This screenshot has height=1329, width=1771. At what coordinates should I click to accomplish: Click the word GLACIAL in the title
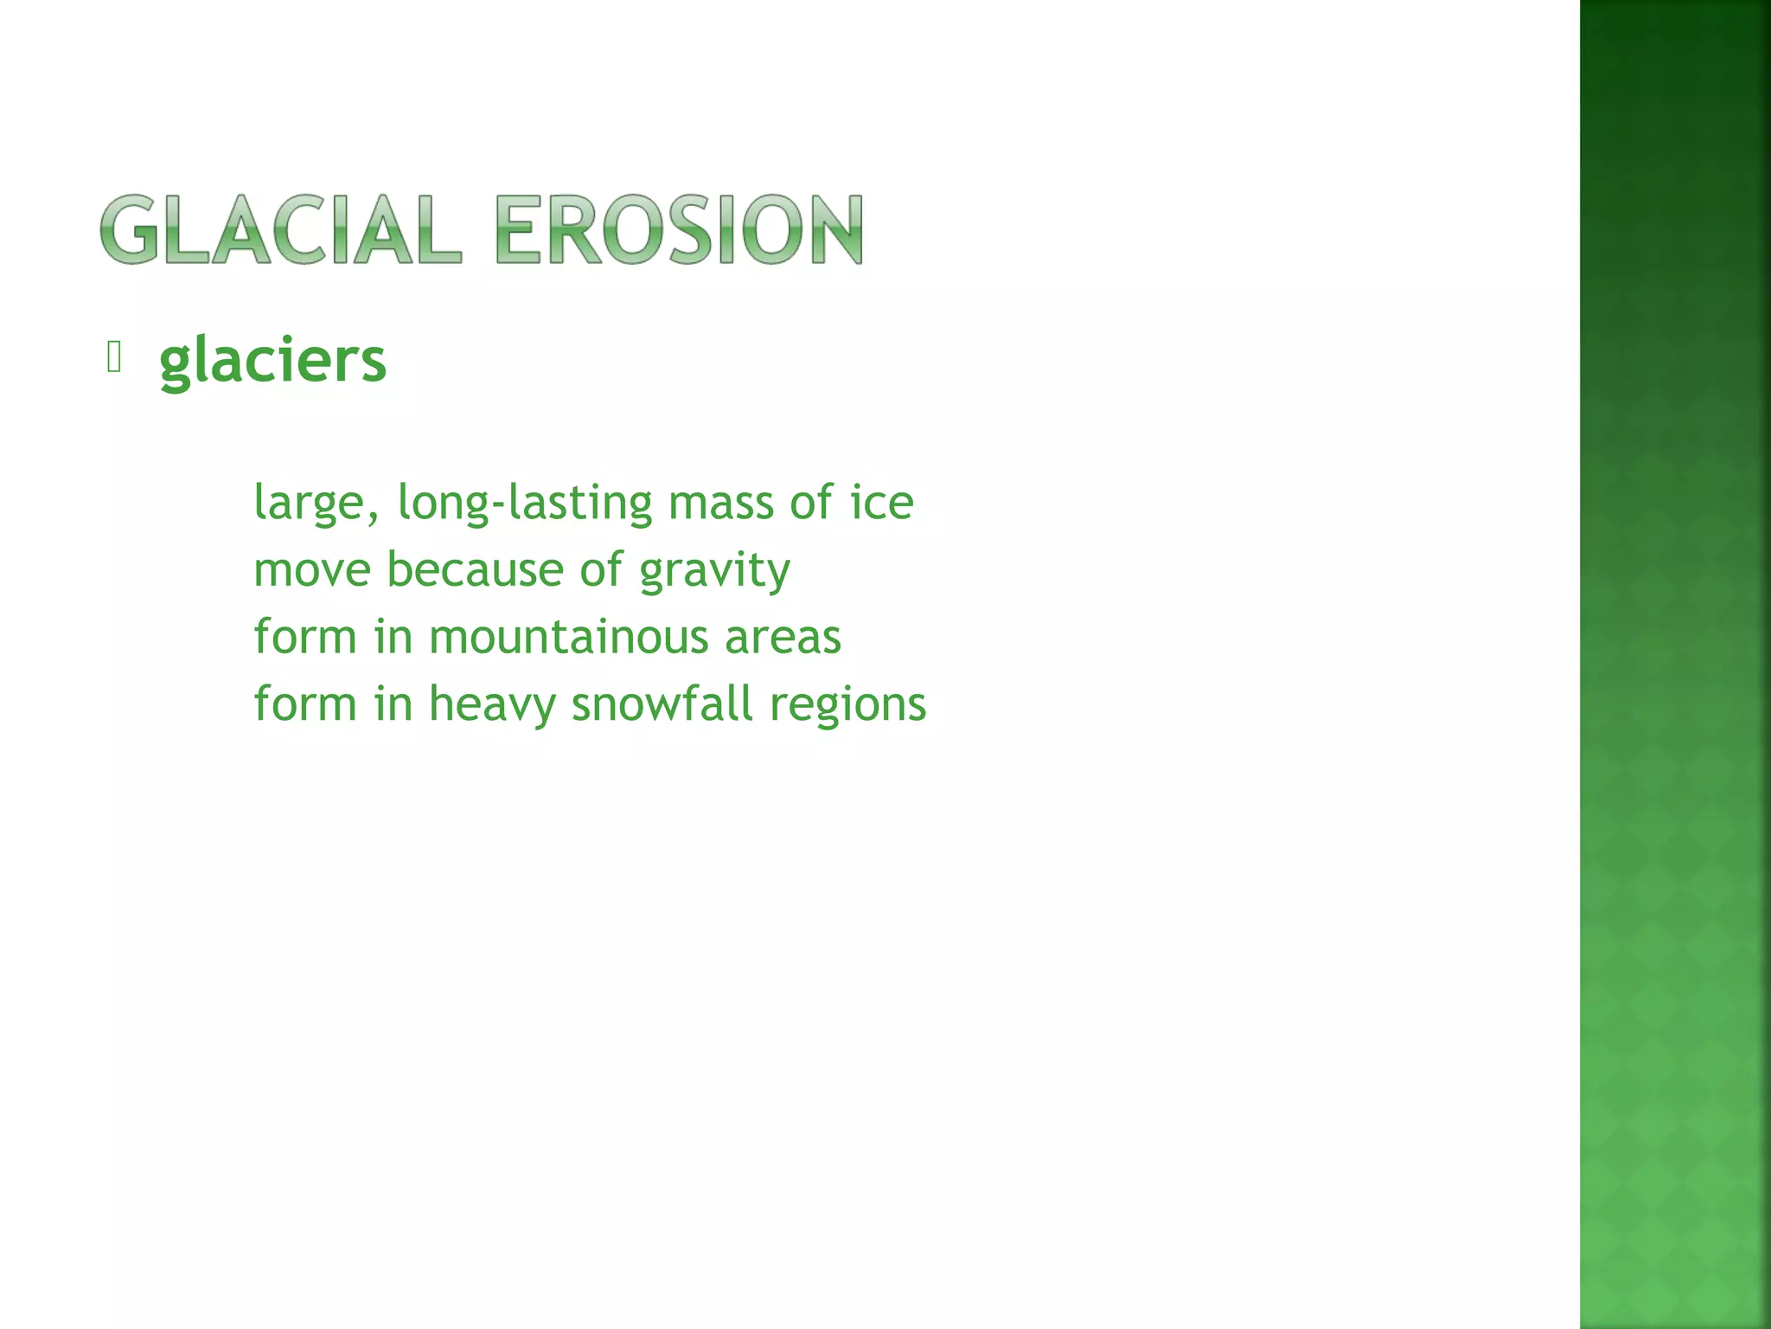[x=281, y=229]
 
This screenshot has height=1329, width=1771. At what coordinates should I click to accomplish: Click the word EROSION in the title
[x=679, y=229]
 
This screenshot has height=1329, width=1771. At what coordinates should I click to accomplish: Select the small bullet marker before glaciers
[x=114, y=356]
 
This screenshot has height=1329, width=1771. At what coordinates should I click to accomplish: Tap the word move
[x=312, y=571]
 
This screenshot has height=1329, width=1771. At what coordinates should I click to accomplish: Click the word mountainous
[x=568, y=638]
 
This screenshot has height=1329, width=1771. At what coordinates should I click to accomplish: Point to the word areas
[x=783, y=639]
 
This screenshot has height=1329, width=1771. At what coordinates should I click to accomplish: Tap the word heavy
[x=492, y=705]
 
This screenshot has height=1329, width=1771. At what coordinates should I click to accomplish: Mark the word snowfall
[x=662, y=703]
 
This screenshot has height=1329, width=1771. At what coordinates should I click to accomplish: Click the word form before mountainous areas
[x=305, y=637]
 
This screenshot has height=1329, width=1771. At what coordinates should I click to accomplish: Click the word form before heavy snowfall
[x=305, y=703]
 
